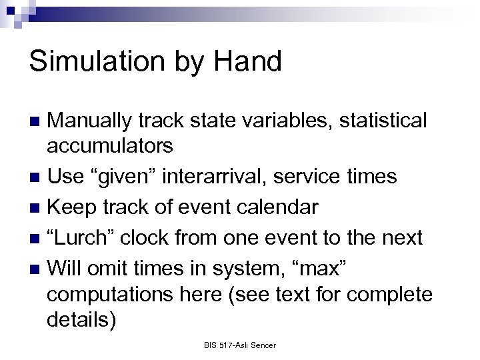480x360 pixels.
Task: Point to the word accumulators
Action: pos(110,145)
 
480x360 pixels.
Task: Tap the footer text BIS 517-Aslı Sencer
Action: pos(240,345)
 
